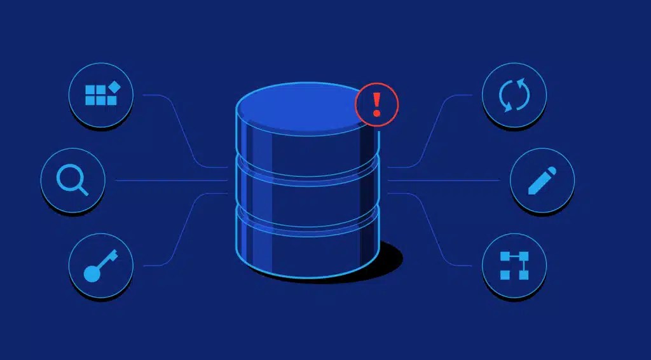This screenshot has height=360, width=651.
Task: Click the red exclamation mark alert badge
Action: (x=376, y=104)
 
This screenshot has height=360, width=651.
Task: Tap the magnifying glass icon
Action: (x=72, y=179)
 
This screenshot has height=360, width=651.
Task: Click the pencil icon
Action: (x=542, y=181)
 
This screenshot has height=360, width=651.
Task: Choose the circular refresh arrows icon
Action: (x=514, y=95)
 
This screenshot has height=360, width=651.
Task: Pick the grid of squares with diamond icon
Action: (x=100, y=94)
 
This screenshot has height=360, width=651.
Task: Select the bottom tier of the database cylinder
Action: (x=305, y=245)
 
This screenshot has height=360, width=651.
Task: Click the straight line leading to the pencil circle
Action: (x=445, y=181)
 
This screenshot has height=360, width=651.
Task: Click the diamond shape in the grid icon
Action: (x=114, y=87)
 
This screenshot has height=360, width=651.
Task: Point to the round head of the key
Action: (x=92, y=273)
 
